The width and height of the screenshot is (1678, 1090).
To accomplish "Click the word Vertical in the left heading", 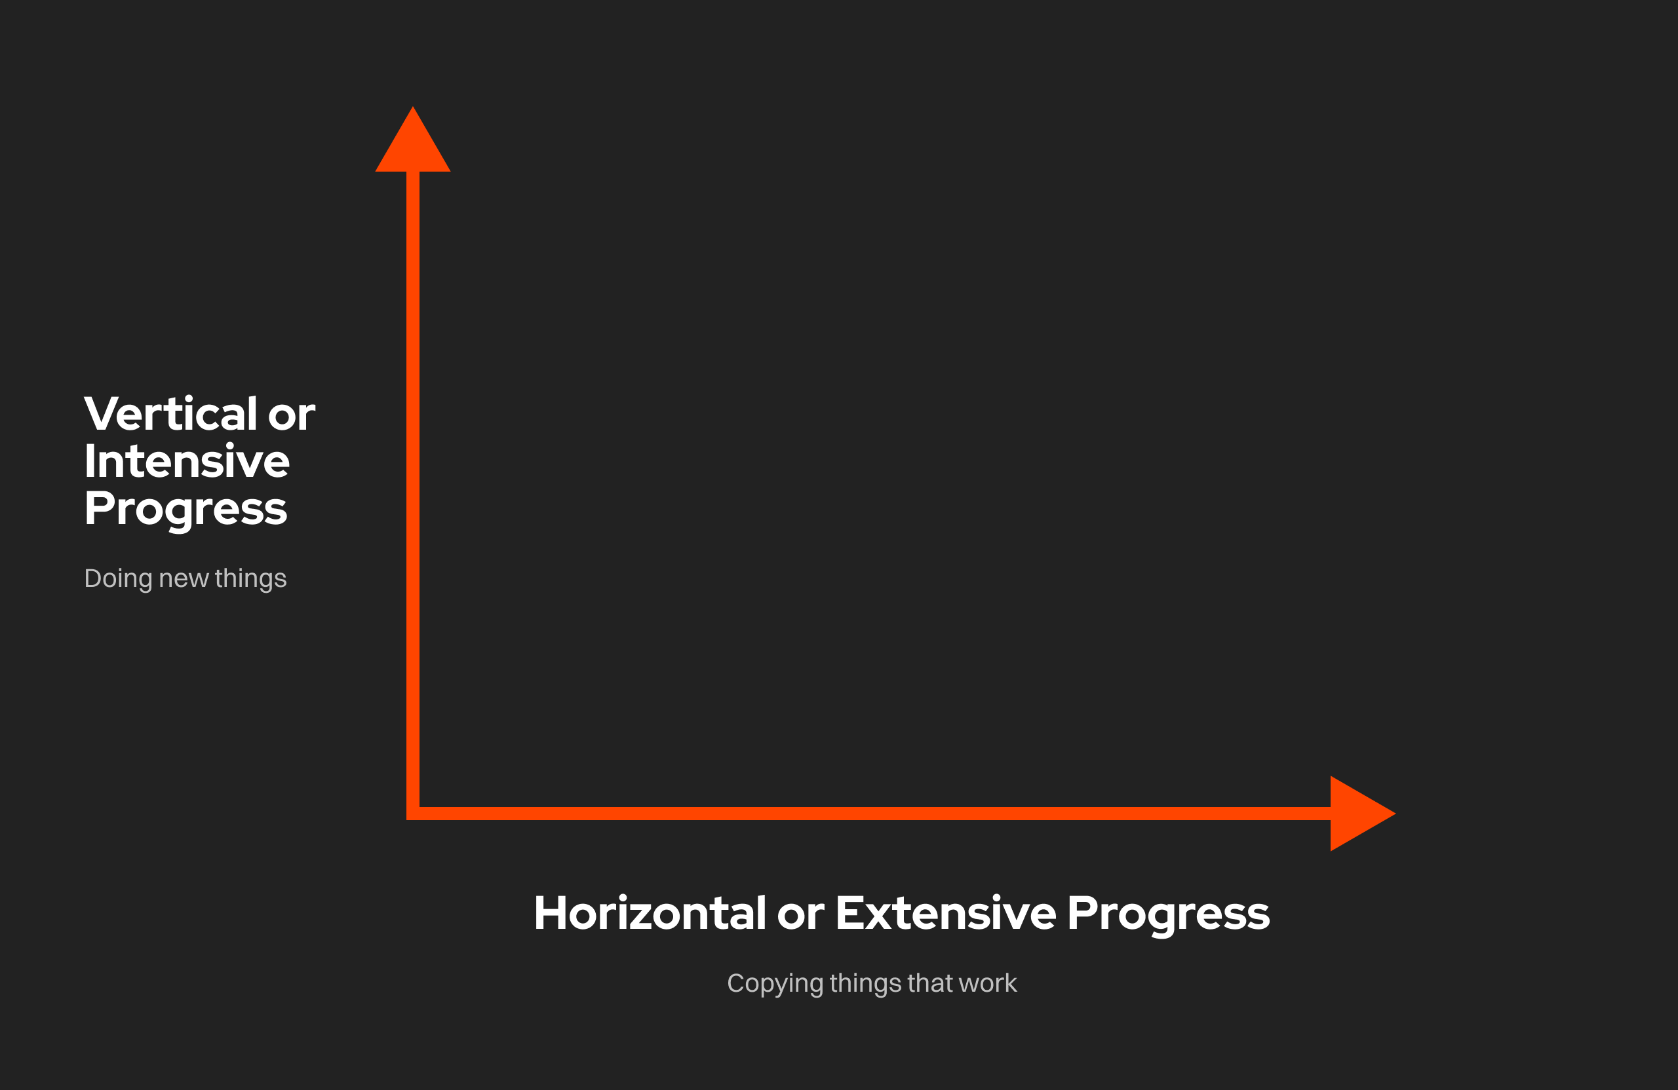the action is (x=170, y=413).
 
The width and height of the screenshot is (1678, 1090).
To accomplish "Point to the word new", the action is (x=184, y=579).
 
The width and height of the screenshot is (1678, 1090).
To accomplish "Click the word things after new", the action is (x=251, y=579).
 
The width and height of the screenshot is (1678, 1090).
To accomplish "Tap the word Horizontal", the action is (x=650, y=913).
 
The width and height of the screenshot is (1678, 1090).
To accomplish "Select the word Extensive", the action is (x=946, y=913).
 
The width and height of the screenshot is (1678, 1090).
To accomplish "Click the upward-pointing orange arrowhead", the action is (x=413, y=145).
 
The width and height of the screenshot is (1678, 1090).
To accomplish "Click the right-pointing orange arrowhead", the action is (x=1357, y=814).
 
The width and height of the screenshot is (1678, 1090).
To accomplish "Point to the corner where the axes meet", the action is (x=413, y=814).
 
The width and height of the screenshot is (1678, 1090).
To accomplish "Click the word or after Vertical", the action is (x=291, y=417).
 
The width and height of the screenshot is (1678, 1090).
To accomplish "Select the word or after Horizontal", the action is (x=801, y=916).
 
